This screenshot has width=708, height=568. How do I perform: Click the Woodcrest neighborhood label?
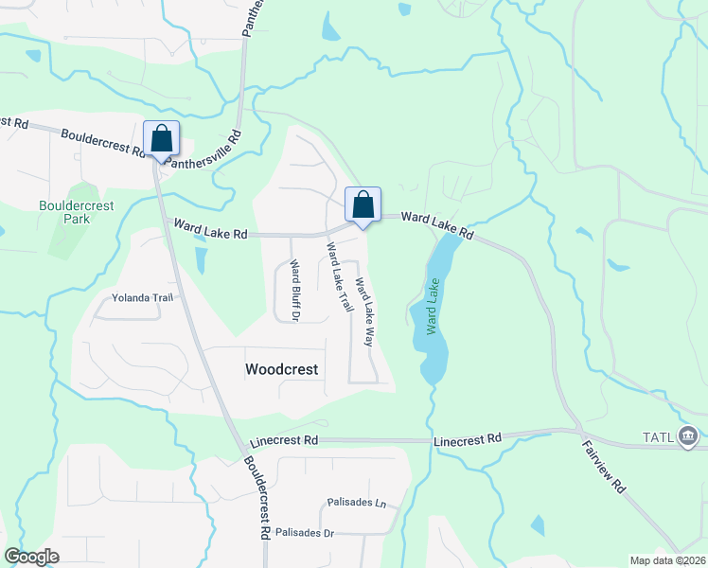point(281,369)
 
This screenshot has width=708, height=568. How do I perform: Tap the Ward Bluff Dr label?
point(294,291)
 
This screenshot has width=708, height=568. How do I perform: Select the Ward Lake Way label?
point(363,311)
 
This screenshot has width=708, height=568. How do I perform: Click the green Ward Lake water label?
point(434,306)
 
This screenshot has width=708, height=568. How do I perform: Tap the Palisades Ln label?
point(357,502)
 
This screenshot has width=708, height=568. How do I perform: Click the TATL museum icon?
point(689,436)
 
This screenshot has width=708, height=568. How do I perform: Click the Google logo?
point(31,557)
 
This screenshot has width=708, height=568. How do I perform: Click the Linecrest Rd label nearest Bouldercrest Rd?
point(285,441)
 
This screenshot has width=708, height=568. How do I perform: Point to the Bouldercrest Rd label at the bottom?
point(257,497)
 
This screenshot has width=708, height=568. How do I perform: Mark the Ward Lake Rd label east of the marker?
point(435,223)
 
